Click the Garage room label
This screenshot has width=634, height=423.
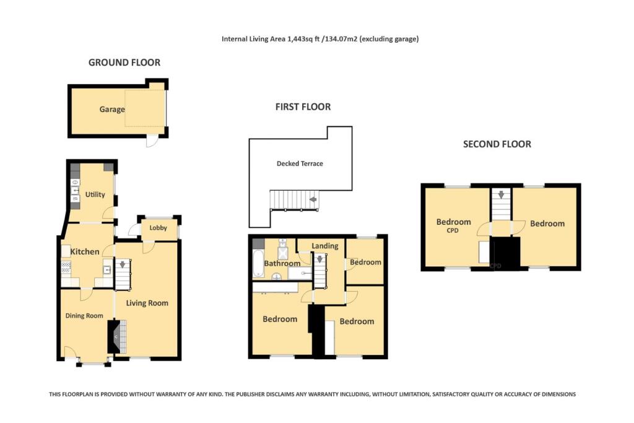(112, 109)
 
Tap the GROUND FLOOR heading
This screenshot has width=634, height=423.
(124, 63)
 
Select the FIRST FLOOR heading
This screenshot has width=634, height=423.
(303, 107)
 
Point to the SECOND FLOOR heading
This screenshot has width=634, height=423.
(497, 144)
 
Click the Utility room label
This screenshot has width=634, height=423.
(95, 194)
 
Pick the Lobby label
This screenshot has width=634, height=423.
(158, 228)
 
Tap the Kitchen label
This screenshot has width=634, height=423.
(84, 251)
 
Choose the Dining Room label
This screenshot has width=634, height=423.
(84, 315)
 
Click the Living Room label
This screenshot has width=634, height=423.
(147, 303)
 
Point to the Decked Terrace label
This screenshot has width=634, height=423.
(300, 164)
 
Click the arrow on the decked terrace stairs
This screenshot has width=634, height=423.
(313, 199)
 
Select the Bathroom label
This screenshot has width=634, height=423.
(282, 263)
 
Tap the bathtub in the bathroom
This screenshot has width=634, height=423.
(258, 263)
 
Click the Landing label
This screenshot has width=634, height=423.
(324, 246)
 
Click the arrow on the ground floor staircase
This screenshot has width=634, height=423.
(122, 264)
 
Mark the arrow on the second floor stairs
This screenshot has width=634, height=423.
(501, 195)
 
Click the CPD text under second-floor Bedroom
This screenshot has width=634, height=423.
(453, 230)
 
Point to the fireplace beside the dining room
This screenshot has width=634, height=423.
(115, 336)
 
